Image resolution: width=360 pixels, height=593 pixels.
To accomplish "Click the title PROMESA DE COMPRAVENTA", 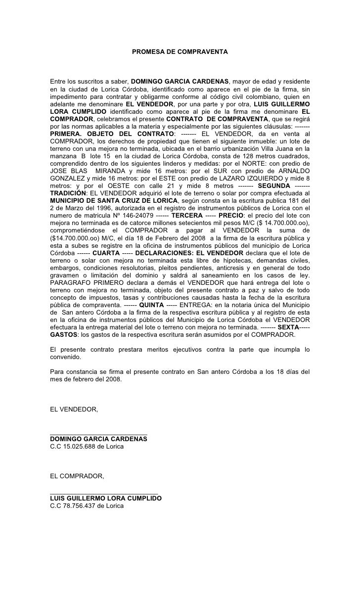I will [180, 51].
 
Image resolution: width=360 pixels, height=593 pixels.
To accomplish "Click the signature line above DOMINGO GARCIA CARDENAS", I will [98, 433].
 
